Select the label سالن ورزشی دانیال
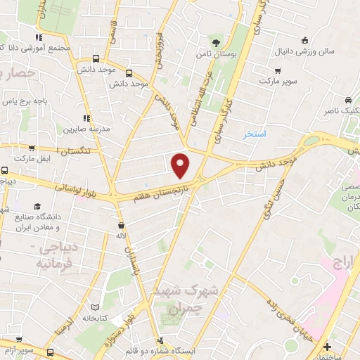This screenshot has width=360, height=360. [x=331, y=51]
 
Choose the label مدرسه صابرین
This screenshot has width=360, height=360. [x=89, y=129]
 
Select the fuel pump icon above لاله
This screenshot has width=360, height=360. [x=122, y=226]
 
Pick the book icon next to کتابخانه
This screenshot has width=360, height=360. [x=96, y=308]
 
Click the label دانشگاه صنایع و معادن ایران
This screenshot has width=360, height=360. [x=46, y=222]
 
